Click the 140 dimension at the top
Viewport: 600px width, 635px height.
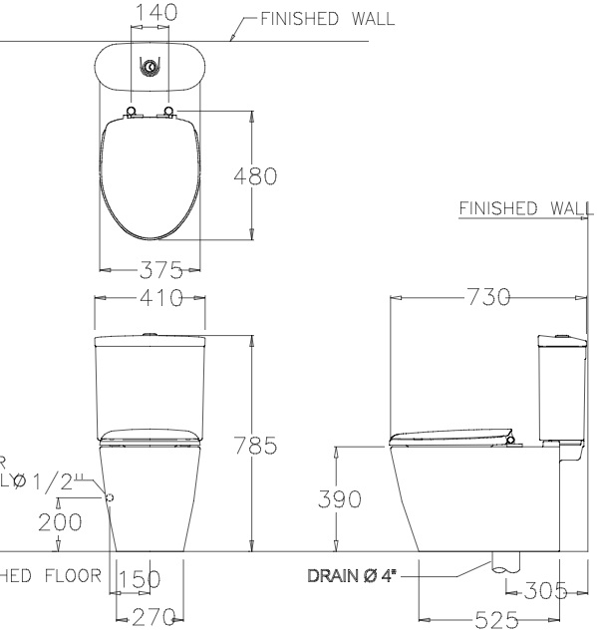(155, 13)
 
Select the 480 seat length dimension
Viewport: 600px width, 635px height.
(255, 176)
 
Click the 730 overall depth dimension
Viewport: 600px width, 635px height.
(488, 297)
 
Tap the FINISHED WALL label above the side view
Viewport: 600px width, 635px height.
(525, 207)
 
